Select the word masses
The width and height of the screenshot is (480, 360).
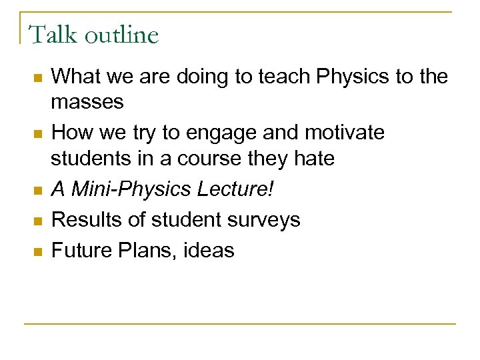coord(88,103)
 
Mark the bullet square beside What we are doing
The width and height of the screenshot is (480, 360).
coord(38,79)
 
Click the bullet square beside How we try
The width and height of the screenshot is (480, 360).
coord(38,135)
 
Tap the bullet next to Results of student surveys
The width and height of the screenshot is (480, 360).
coord(38,221)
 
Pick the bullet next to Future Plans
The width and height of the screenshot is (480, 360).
coord(38,251)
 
